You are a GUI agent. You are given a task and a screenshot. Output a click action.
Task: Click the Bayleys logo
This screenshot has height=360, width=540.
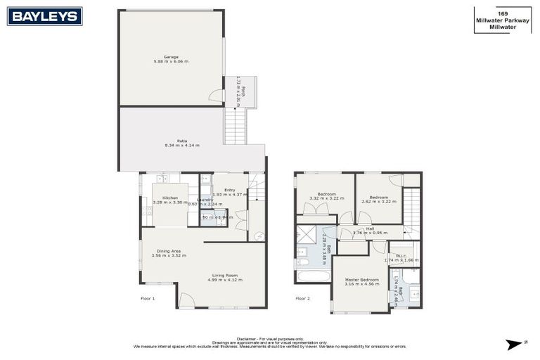click(x=44, y=16)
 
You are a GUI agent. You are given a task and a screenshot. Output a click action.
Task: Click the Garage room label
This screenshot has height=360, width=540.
click(x=171, y=59)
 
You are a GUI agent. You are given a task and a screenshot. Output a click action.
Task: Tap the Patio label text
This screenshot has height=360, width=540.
click(x=182, y=143)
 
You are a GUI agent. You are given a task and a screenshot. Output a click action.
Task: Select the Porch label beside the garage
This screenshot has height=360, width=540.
click(x=240, y=91)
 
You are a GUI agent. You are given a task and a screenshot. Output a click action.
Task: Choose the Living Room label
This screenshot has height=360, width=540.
click(x=224, y=277)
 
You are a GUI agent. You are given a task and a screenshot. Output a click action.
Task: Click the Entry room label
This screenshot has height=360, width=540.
click(x=230, y=191)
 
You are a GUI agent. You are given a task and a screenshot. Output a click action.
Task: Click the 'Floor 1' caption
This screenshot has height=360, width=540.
click(x=148, y=298)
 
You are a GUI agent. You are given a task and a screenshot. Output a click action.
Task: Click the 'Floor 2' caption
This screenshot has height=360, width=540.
click(x=302, y=298)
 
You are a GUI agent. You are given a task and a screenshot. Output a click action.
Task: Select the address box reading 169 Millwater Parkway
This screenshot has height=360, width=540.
click(x=502, y=18)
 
